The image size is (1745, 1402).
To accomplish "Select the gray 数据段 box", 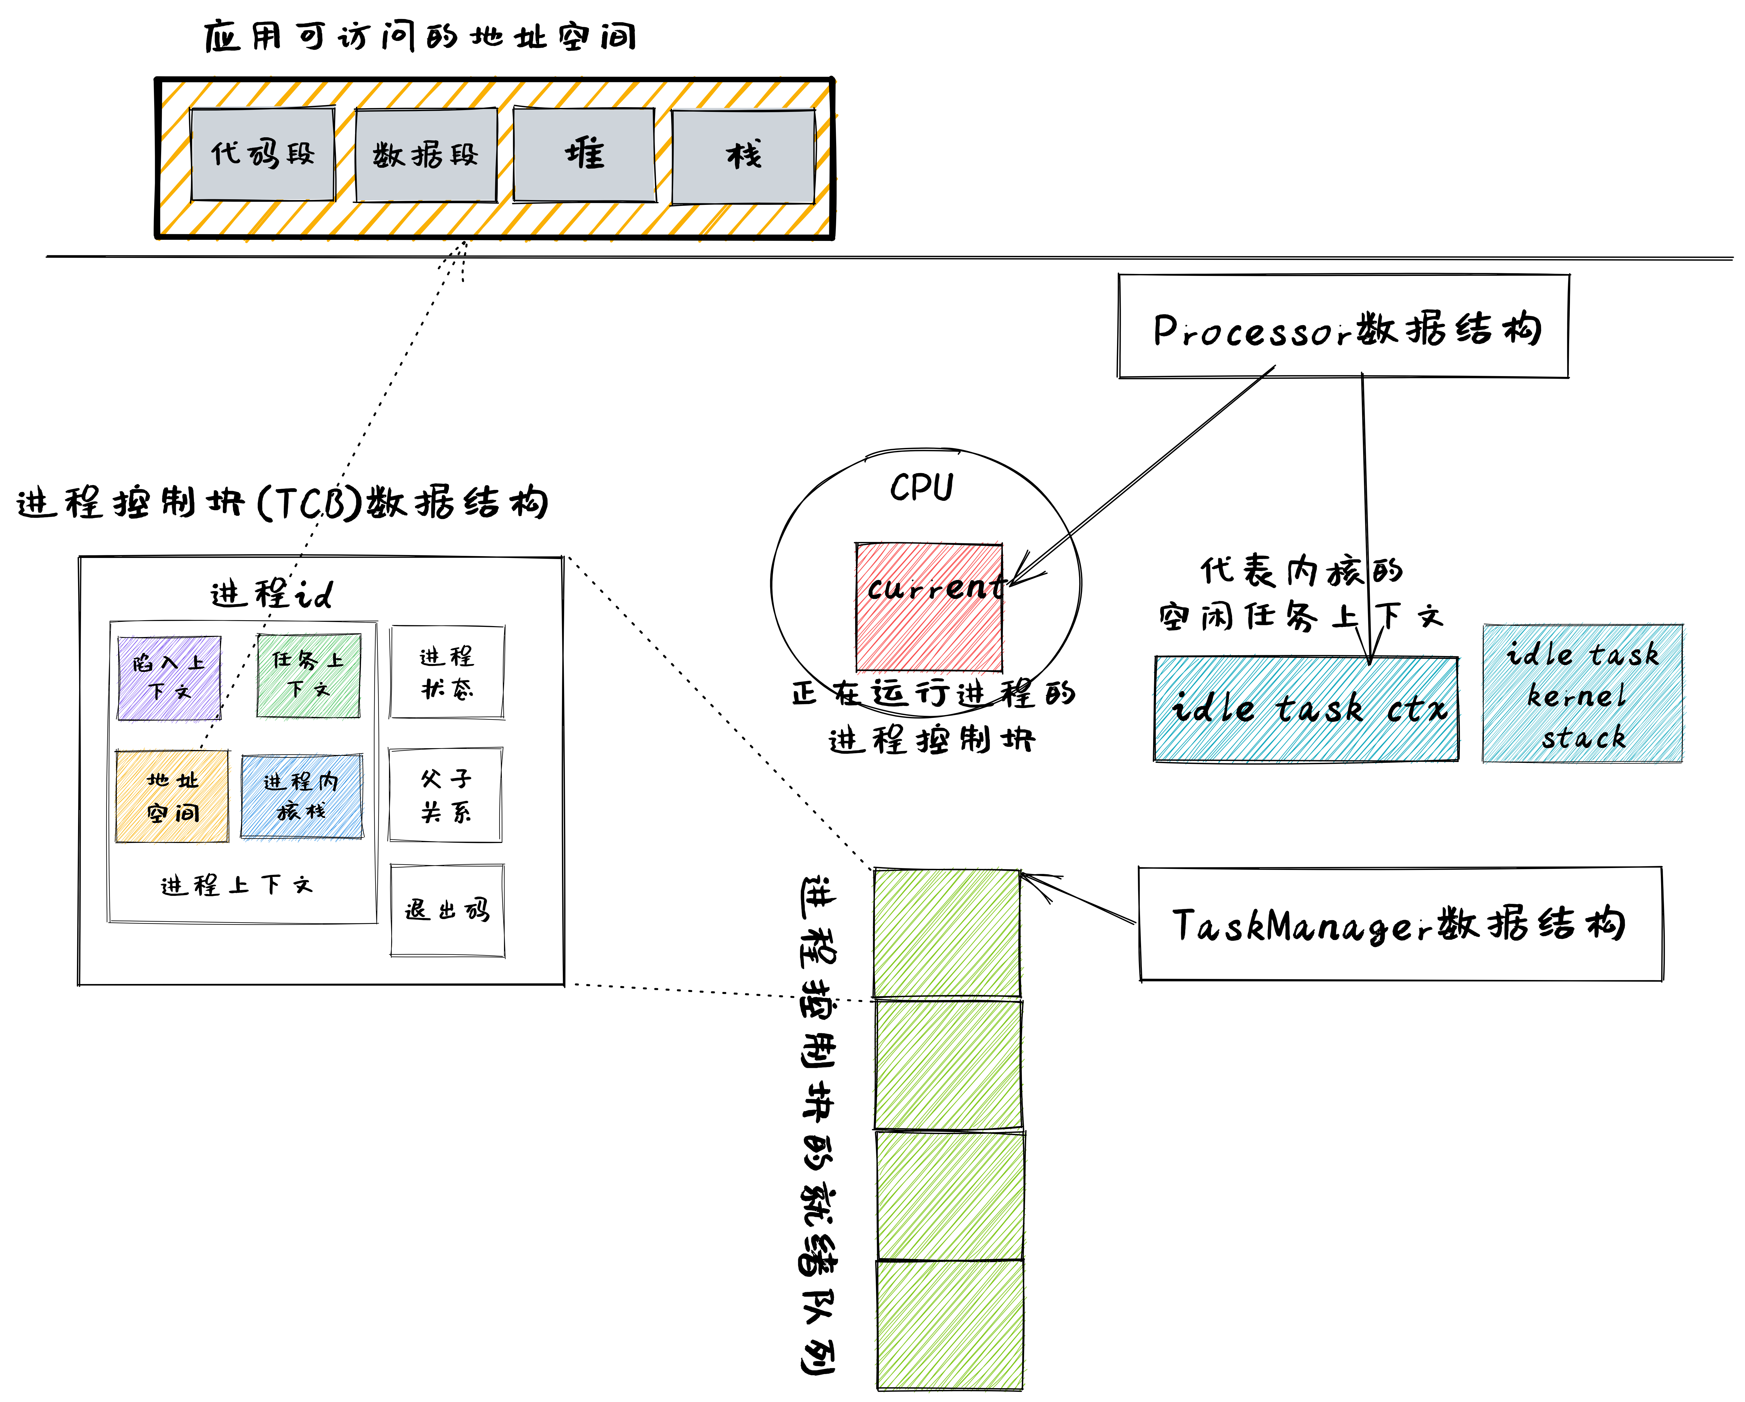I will [426, 155].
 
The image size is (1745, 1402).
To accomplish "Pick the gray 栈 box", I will [743, 156].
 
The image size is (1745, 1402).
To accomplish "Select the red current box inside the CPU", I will [929, 607].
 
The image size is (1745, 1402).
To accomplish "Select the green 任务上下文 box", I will [308, 675].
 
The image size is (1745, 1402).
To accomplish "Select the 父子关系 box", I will [445, 795].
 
